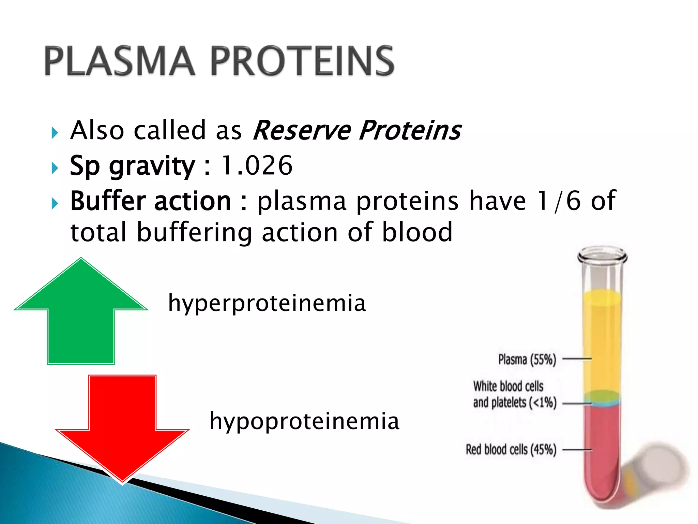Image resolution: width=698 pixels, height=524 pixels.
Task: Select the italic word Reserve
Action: [x=302, y=130]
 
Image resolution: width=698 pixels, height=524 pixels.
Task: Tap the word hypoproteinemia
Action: [x=304, y=421]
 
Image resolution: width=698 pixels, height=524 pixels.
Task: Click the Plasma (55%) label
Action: [x=527, y=359]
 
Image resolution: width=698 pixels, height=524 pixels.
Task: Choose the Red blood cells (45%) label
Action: [x=511, y=450]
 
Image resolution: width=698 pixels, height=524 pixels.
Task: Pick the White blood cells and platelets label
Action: [x=514, y=394]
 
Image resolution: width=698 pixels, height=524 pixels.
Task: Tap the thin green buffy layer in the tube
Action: [x=602, y=396]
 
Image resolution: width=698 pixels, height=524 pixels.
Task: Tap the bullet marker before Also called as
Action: [x=55, y=133]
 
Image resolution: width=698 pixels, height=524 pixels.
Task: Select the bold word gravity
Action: [x=152, y=166]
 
